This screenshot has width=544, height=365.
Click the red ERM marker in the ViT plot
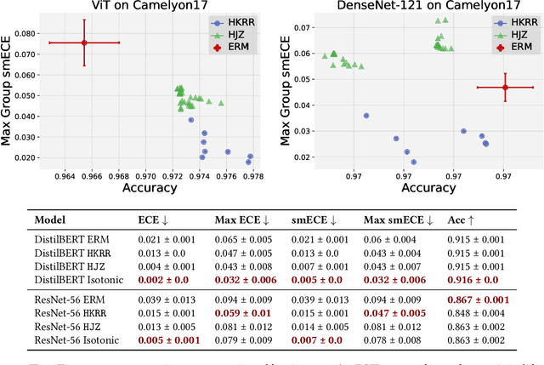coord(84,43)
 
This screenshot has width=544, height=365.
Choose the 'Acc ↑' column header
coord(462,220)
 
